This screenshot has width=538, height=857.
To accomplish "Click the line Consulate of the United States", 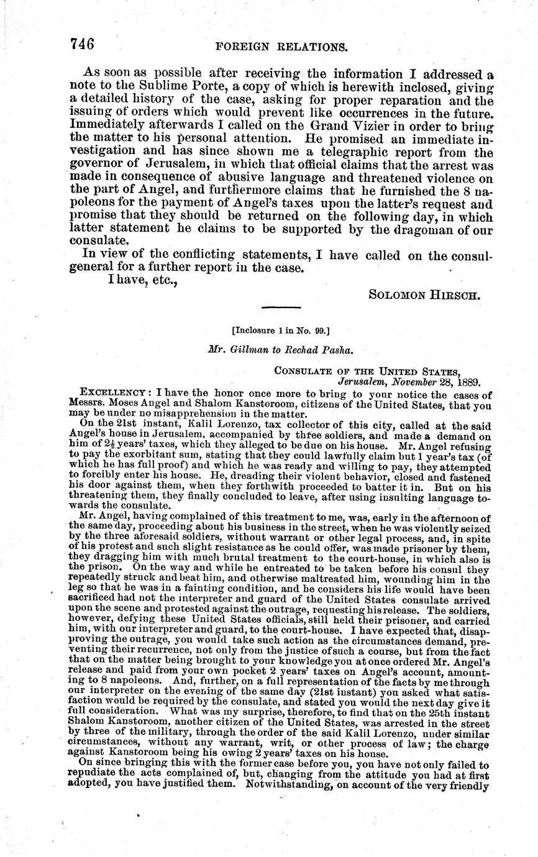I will [368, 370].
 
